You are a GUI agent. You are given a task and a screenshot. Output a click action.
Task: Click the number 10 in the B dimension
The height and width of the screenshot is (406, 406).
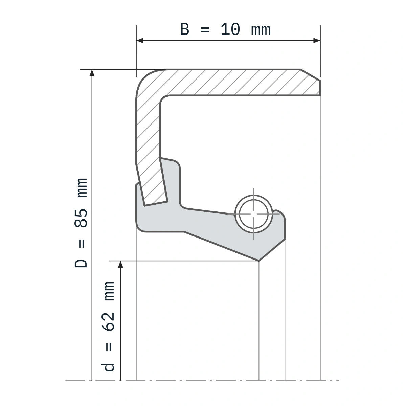tap(230, 29)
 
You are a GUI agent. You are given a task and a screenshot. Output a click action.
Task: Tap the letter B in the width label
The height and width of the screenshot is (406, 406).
tap(185, 29)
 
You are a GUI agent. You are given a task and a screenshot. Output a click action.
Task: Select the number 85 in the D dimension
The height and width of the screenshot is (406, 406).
tap(81, 218)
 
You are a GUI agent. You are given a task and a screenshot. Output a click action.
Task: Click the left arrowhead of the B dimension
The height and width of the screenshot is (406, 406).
tap(140, 41)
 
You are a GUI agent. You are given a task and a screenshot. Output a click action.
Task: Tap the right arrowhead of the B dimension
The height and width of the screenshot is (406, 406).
tap(317, 41)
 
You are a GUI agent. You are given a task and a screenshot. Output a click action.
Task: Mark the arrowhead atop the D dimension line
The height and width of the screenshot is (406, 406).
tap(92, 73)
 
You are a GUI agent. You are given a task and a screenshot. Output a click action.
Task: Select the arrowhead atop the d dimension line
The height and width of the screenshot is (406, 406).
tap(120, 265)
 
